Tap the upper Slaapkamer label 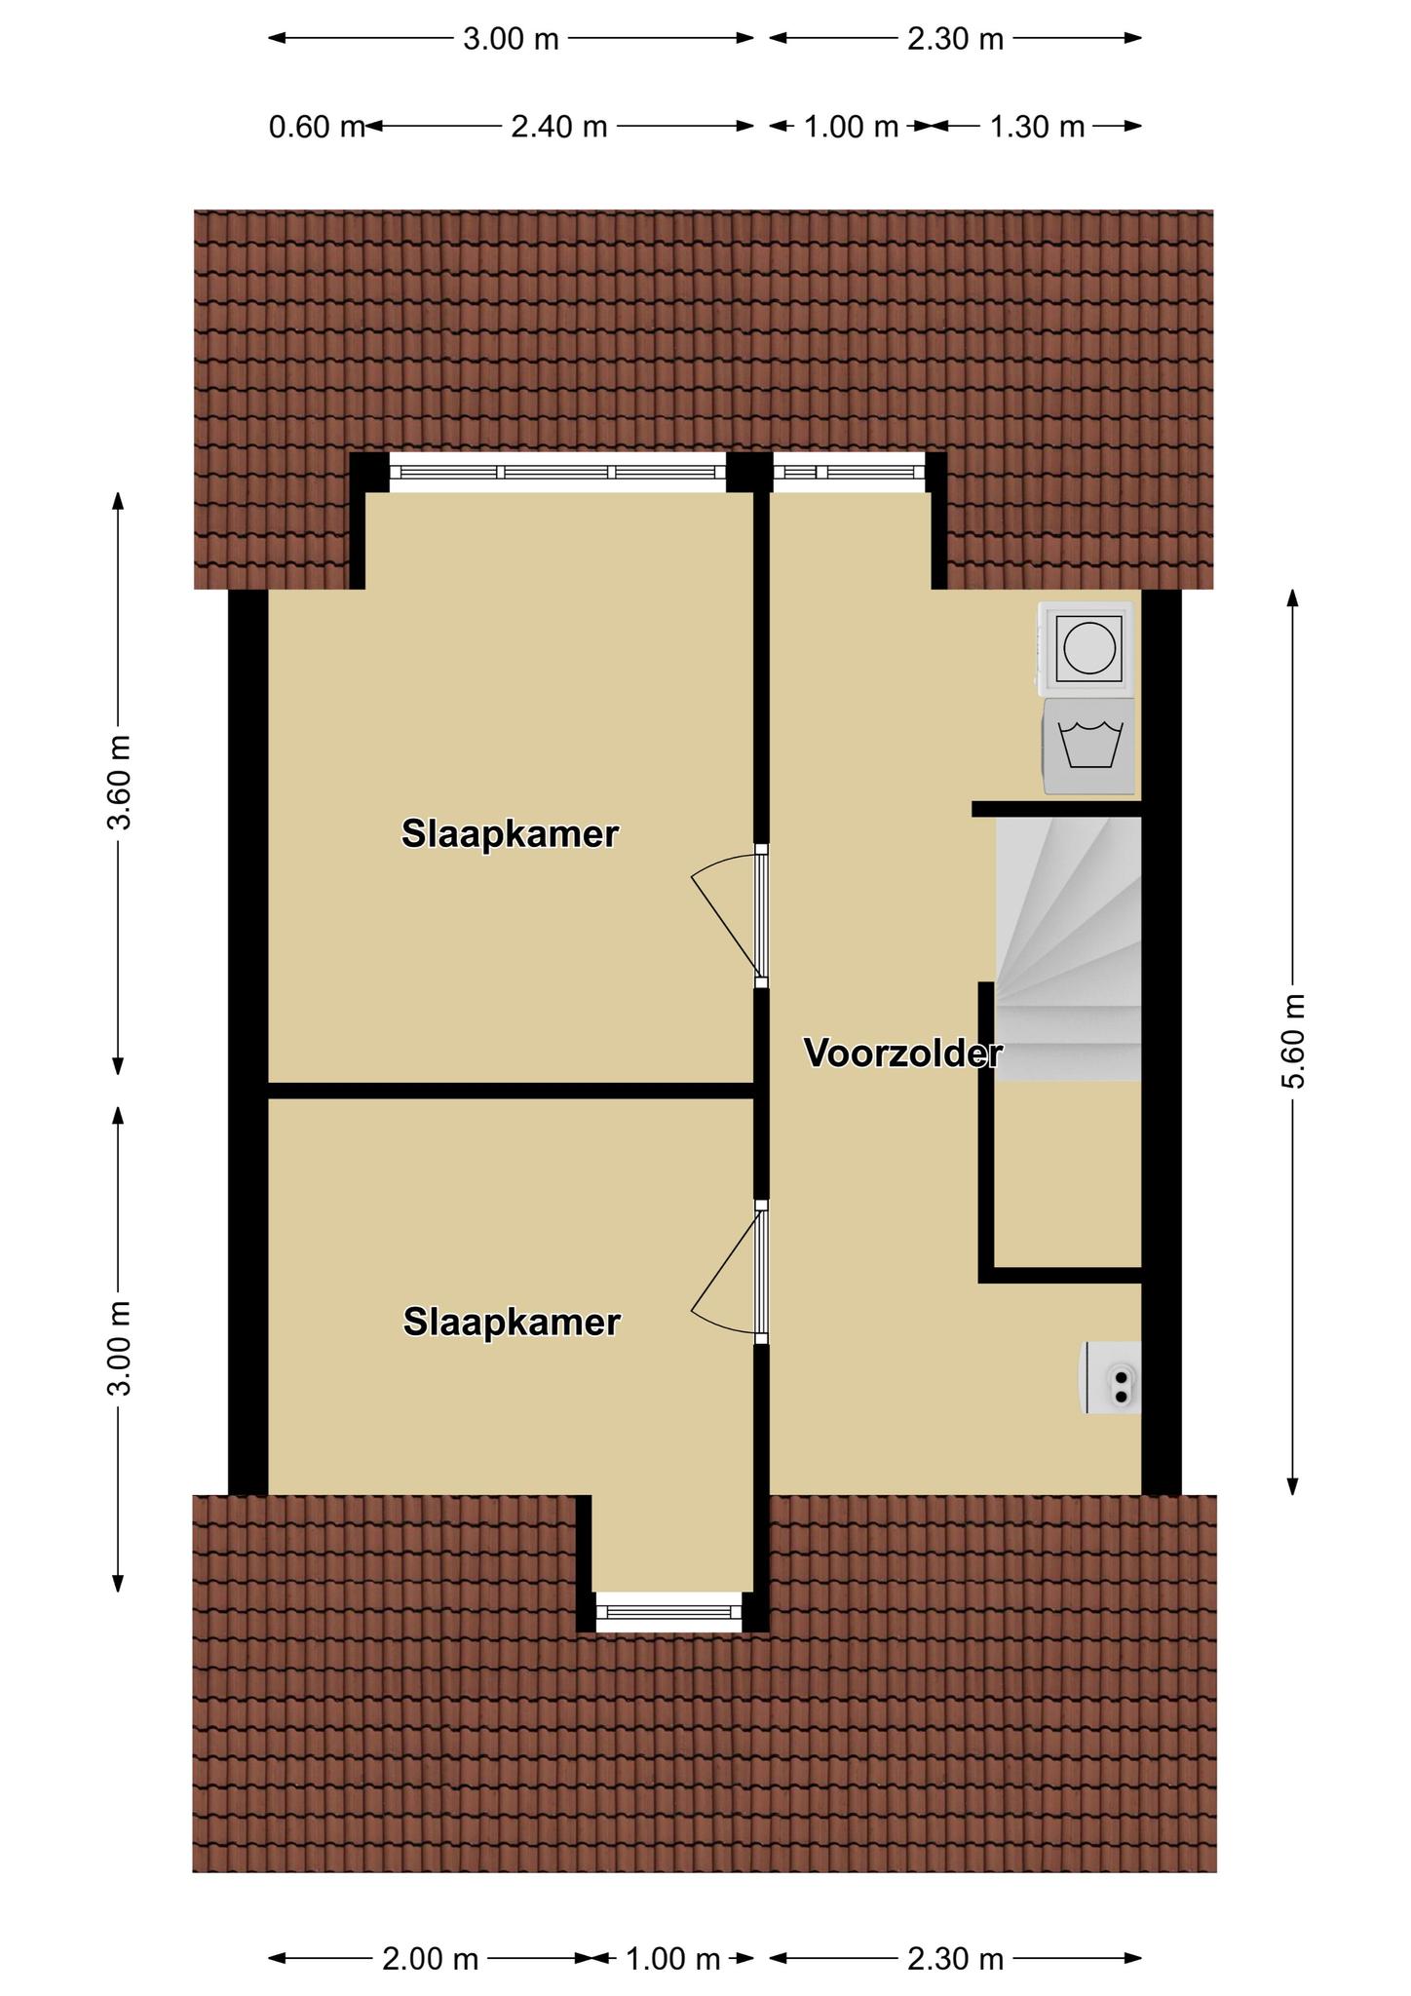511,834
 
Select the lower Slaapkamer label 512,1322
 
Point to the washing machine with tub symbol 1089,746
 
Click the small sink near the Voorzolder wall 1110,1377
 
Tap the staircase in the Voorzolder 1068,948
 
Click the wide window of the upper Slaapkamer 558,473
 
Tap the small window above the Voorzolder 848,473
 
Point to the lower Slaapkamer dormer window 668,1612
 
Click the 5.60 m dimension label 1293,1041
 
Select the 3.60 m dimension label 119,783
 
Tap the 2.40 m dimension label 559,127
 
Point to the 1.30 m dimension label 1037,127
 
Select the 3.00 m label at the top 511,39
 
